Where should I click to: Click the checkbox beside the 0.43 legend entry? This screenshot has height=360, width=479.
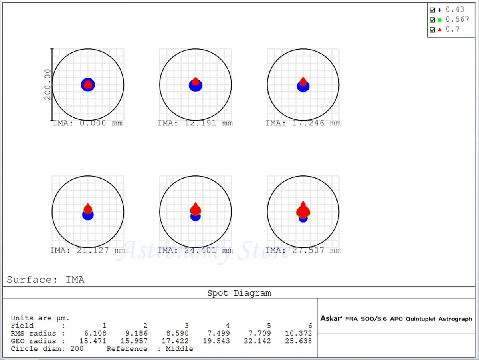pos(432,10)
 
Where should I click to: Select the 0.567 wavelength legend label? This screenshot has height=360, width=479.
pos(457,19)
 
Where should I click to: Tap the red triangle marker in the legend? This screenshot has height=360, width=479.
pos(440,30)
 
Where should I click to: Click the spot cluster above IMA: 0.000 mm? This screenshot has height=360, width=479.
pos(88,84)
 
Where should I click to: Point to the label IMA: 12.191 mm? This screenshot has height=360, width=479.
pos(195,123)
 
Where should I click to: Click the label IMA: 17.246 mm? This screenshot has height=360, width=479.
pos(303,123)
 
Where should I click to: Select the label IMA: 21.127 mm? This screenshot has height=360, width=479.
pos(88,251)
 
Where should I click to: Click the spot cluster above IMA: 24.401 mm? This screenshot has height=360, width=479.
pos(195,211)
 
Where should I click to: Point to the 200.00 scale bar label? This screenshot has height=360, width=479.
pos(48,84)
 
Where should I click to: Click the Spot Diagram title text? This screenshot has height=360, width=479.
pos(239,293)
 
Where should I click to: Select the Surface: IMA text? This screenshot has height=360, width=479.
pos(46,280)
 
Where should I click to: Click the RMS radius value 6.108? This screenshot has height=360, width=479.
pos(94,333)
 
